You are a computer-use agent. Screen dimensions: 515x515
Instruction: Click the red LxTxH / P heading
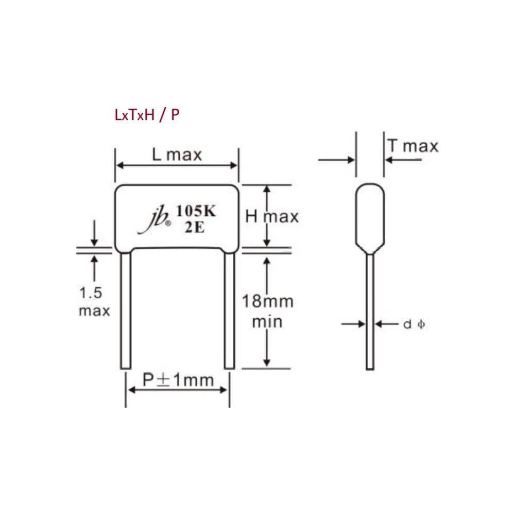pos(147,115)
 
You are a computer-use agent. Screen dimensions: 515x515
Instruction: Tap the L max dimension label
pos(177,154)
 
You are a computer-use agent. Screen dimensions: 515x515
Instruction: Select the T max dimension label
pos(413,146)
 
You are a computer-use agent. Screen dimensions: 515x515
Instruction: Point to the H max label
pos(272,216)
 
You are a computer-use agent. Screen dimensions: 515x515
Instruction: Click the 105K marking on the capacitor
pos(196,211)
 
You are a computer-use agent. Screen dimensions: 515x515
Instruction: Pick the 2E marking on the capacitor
pos(195,227)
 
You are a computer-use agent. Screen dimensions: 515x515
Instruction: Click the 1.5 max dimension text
pos(94,301)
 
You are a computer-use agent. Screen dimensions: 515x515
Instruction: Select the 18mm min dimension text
pos(267,312)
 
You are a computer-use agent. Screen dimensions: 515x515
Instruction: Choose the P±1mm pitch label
pos(178,380)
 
